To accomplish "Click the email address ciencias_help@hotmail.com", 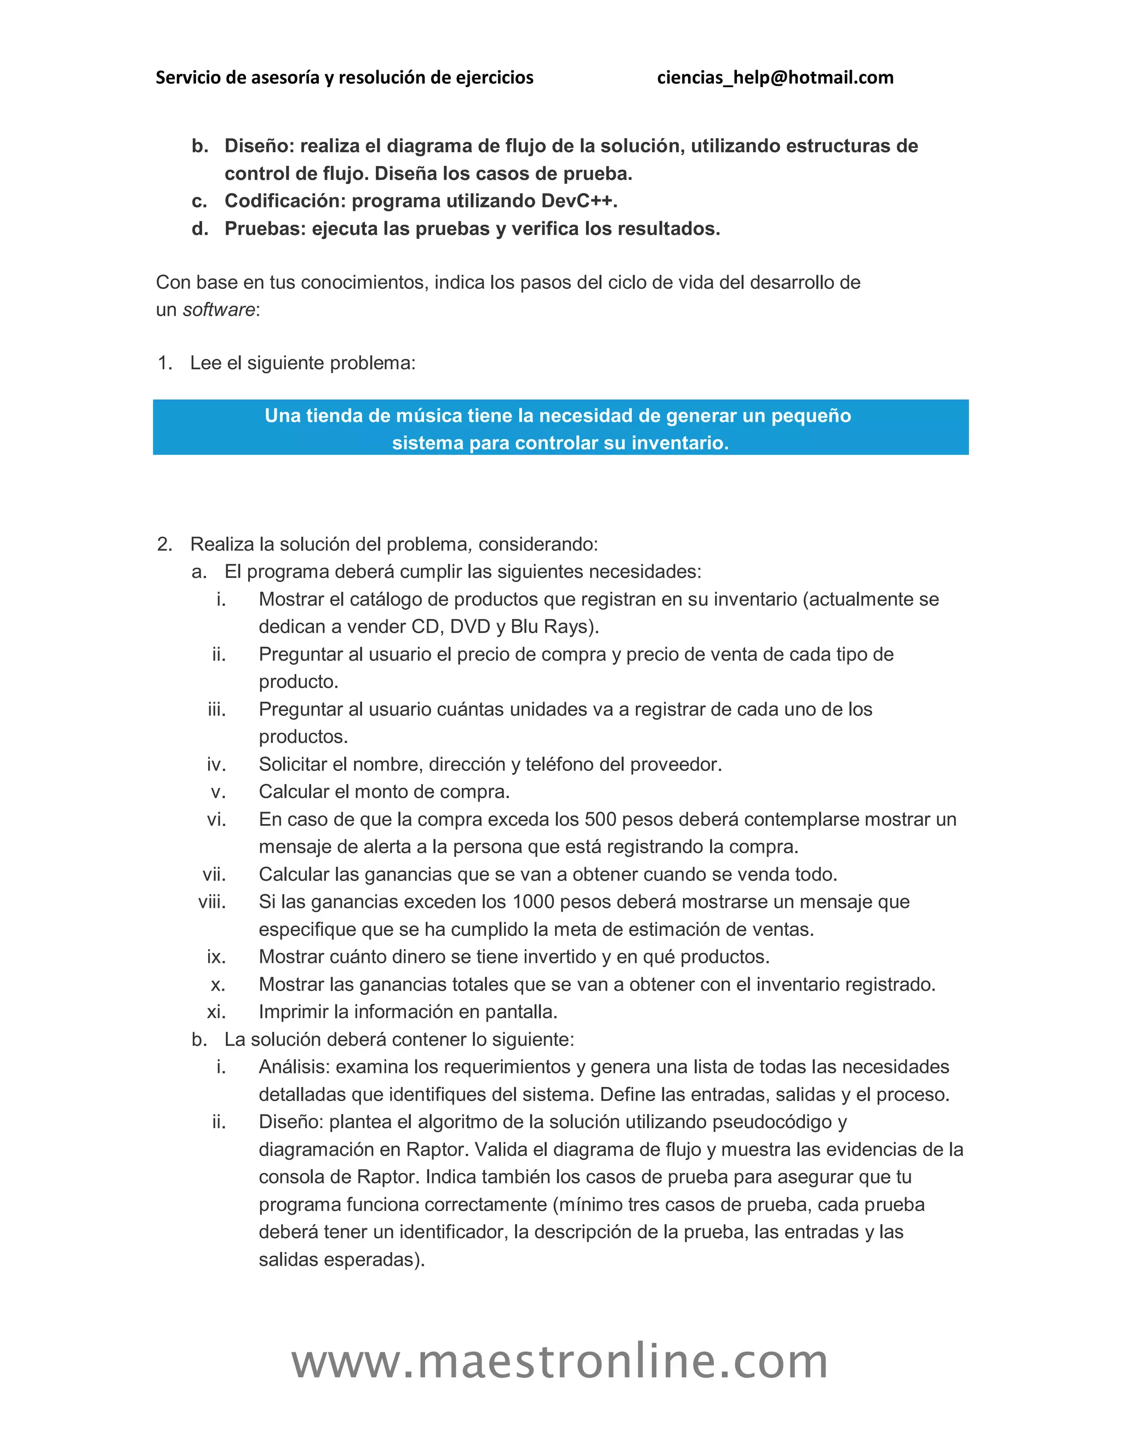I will click(775, 78).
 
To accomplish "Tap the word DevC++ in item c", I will click(579, 201).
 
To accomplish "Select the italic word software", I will click(219, 310).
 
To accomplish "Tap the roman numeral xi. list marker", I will click(216, 1012).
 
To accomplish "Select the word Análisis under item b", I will click(294, 1067).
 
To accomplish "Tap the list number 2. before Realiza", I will click(164, 545).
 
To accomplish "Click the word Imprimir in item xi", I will click(293, 1012).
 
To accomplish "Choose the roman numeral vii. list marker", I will click(214, 874).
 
